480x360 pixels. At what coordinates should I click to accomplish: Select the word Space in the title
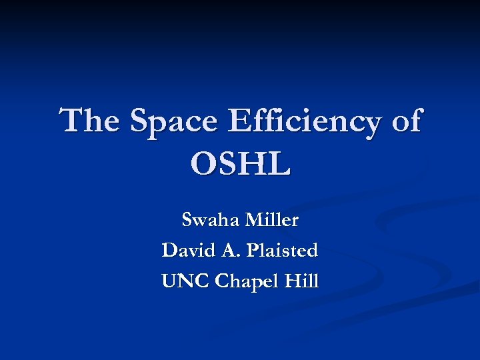(x=174, y=122)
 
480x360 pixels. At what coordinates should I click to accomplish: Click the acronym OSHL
(x=240, y=164)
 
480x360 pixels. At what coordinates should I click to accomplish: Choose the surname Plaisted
(x=282, y=251)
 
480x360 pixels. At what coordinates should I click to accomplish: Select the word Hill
(x=301, y=281)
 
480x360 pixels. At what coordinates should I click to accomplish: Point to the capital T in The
(x=72, y=122)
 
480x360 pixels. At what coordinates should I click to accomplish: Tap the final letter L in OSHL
(x=280, y=164)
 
